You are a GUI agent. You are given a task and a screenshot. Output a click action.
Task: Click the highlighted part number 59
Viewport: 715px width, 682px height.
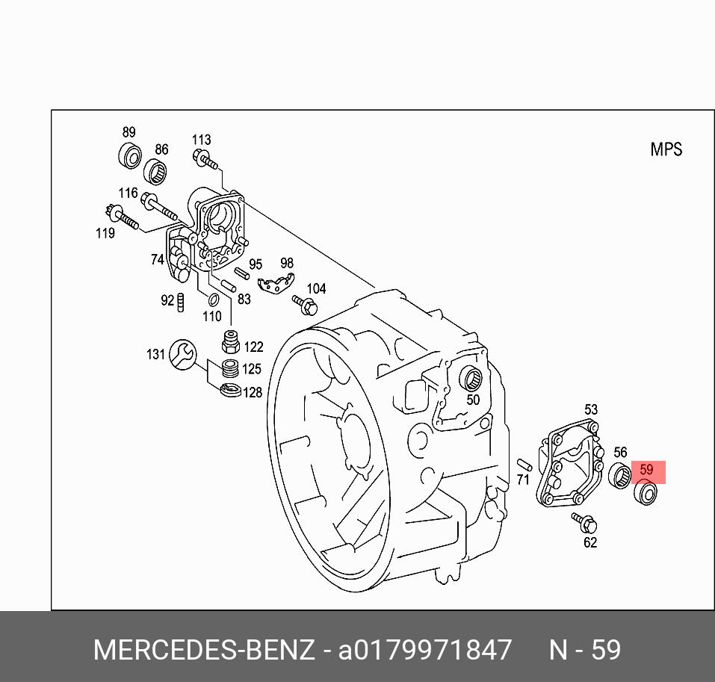pyautogui.click(x=646, y=471)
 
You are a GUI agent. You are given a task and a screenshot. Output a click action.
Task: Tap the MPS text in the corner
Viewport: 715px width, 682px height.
pyautogui.click(x=666, y=149)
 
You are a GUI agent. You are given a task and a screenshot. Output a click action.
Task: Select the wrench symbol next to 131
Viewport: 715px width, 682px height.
pyautogui.click(x=182, y=354)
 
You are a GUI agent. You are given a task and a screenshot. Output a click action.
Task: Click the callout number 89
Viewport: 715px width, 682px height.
pyautogui.click(x=129, y=133)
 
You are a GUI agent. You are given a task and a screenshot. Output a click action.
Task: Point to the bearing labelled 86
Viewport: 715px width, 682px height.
pyautogui.click(x=155, y=172)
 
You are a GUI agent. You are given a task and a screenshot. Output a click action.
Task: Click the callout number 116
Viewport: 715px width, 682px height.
pyautogui.click(x=128, y=193)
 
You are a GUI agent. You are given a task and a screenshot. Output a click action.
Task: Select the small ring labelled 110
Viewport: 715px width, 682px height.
pyautogui.click(x=212, y=300)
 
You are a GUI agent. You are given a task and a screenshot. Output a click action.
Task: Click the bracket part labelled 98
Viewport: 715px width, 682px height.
pyautogui.click(x=273, y=284)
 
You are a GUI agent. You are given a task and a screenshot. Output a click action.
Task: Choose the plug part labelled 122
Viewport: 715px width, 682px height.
pyautogui.click(x=231, y=344)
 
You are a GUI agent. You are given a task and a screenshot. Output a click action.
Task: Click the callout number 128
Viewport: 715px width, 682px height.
pyautogui.click(x=253, y=392)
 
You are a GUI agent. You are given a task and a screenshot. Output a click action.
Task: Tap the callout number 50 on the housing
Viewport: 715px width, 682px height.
pyautogui.click(x=472, y=400)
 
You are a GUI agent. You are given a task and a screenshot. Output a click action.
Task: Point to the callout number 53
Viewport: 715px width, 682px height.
pyautogui.click(x=590, y=409)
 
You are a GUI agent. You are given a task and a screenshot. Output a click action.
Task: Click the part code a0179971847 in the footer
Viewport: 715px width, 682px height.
pyautogui.click(x=426, y=650)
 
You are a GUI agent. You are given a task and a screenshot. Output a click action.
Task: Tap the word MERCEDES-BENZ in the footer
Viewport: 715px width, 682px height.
pyautogui.click(x=203, y=650)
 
